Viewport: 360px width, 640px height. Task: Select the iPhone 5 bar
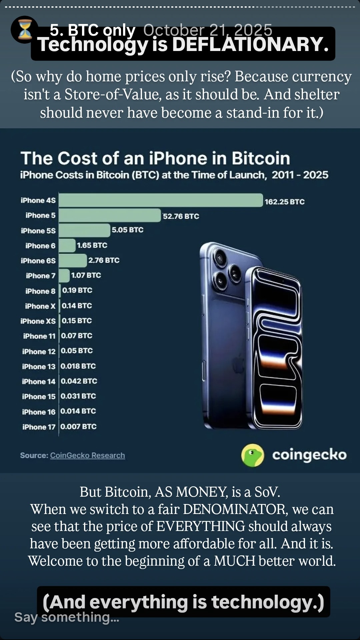pyautogui.click(x=110, y=215)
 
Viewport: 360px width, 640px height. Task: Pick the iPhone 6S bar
pyautogui.click(x=73, y=260)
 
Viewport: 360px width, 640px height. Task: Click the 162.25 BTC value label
pyautogui.click(x=284, y=202)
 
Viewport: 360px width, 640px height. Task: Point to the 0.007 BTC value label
pyautogui.click(x=78, y=426)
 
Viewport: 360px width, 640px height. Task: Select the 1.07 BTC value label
pyautogui.click(x=86, y=275)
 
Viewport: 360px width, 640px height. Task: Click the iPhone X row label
pyautogui.click(x=40, y=306)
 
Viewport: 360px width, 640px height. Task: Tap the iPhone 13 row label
pyautogui.click(x=39, y=366)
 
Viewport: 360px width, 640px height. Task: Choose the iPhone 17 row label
pyautogui.click(x=39, y=427)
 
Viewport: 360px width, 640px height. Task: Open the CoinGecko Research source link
pyautogui.click(x=87, y=455)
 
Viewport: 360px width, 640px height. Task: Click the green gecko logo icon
pyautogui.click(x=252, y=455)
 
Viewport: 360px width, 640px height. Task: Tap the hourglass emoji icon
pyautogui.click(x=24, y=29)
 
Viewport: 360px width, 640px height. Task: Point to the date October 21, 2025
pyautogui.click(x=207, y=30)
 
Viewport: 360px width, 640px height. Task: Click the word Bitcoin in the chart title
pyautogui.click(x=261, y=158)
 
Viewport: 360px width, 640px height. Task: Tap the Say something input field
pyautogui.click(x=67, y=617)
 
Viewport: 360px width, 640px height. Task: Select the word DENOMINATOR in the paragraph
pyautogui.click(x=235, y=509)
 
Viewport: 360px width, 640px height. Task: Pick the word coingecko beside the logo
pyautogui.click(x=309, y=455)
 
